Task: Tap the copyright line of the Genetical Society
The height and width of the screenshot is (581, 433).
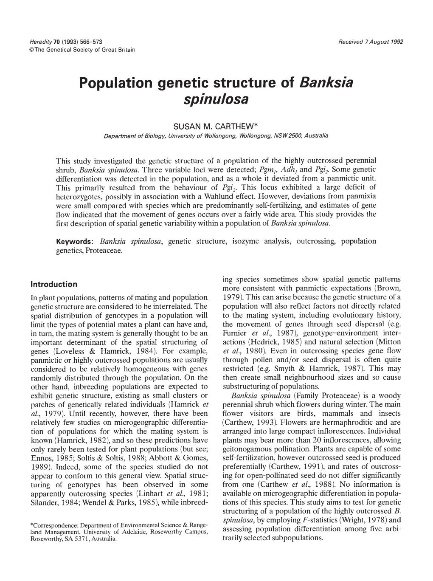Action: [83, 50]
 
